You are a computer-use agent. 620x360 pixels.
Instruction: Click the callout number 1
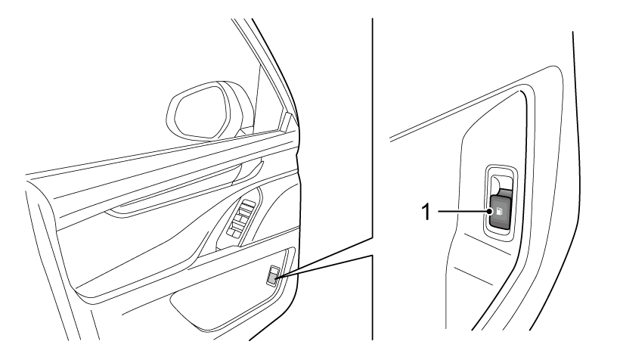click(x=426, y=212)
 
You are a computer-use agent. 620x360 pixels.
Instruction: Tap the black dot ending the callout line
click(x=490, y=212)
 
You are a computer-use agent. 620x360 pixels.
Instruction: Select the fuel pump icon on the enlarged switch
click(x=498, y=212)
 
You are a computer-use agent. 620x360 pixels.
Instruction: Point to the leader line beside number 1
click(x=463, y=212)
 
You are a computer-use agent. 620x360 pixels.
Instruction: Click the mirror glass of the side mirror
click(x=201, y=112)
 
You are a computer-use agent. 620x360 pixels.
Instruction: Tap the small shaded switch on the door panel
click(x=272, y=280)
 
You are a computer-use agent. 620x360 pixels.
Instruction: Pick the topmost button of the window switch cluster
click(x=246, y=205)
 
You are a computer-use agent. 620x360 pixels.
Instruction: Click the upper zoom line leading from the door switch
click(x=324, y=257)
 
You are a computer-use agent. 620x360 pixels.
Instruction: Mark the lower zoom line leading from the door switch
click(x=324, y=267)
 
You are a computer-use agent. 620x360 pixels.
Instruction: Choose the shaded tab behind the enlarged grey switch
click(x=506, y=192)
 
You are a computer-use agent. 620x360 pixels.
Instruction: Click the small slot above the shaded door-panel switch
click(x=274, y=270)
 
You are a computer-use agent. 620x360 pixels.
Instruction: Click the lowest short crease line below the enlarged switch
click(x=473, y=276)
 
